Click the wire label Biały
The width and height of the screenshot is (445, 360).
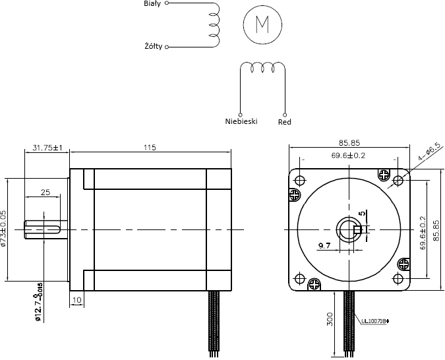pos(152,3)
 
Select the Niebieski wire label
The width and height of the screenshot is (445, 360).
pos(241,122)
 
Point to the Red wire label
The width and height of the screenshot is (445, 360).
pos(284,122)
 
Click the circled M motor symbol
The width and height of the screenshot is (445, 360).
pos(262,23)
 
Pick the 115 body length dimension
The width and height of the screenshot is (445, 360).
pos(150,148)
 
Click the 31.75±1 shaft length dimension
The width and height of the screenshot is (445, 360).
pos(47,148)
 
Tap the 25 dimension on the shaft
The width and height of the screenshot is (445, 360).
pos(45,193)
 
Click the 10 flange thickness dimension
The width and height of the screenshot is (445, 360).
pos(77,301)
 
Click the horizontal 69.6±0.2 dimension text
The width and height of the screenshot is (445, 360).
pos(348,155)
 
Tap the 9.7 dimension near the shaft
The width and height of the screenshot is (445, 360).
pos(324,246)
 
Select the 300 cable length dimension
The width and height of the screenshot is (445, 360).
pos(330,318)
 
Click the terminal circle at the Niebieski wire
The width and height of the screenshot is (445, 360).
pos(241,113)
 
